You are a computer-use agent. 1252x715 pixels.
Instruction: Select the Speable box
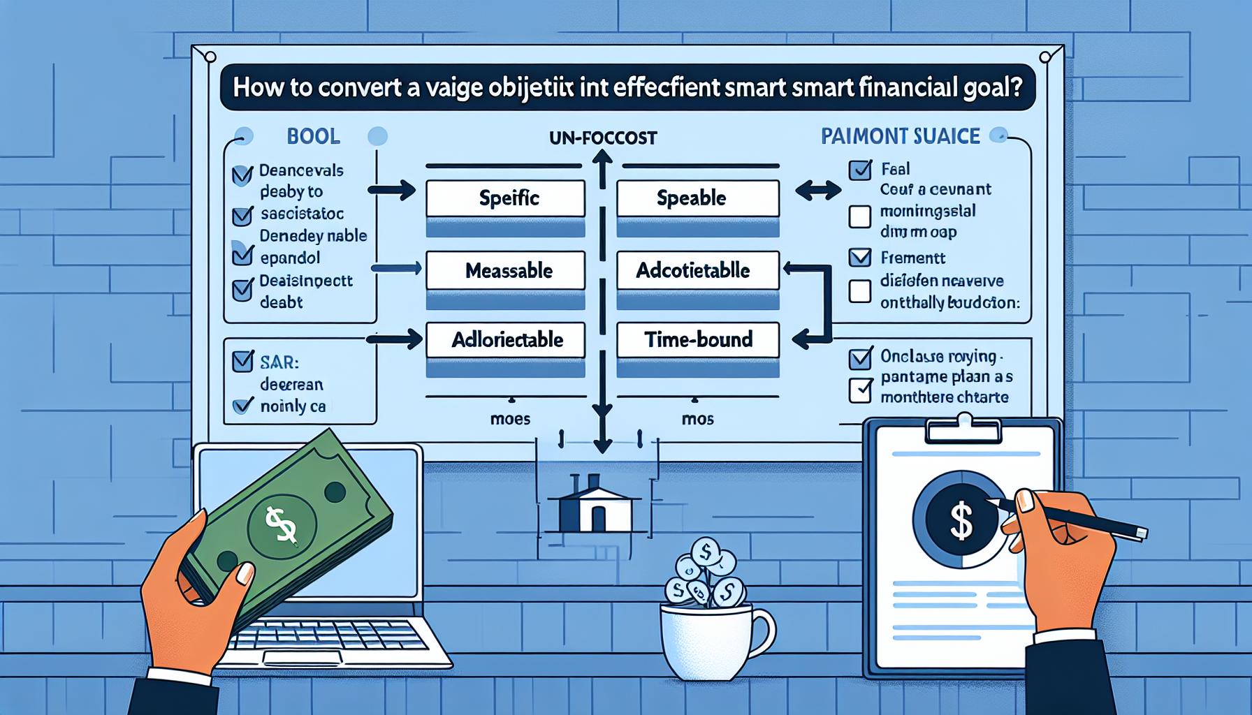(697, 198)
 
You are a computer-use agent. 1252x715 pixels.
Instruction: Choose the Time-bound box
(697, 340)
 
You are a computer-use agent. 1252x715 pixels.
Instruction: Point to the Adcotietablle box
(697, 271)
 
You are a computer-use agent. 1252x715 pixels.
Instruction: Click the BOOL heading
(313, 135)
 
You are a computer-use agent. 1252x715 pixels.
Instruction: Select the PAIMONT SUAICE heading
(900, 135)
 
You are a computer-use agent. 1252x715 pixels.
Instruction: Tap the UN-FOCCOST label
(602, 138)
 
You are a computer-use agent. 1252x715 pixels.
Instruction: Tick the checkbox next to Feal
(859, 170)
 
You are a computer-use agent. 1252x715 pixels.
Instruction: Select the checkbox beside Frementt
(859, 257)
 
